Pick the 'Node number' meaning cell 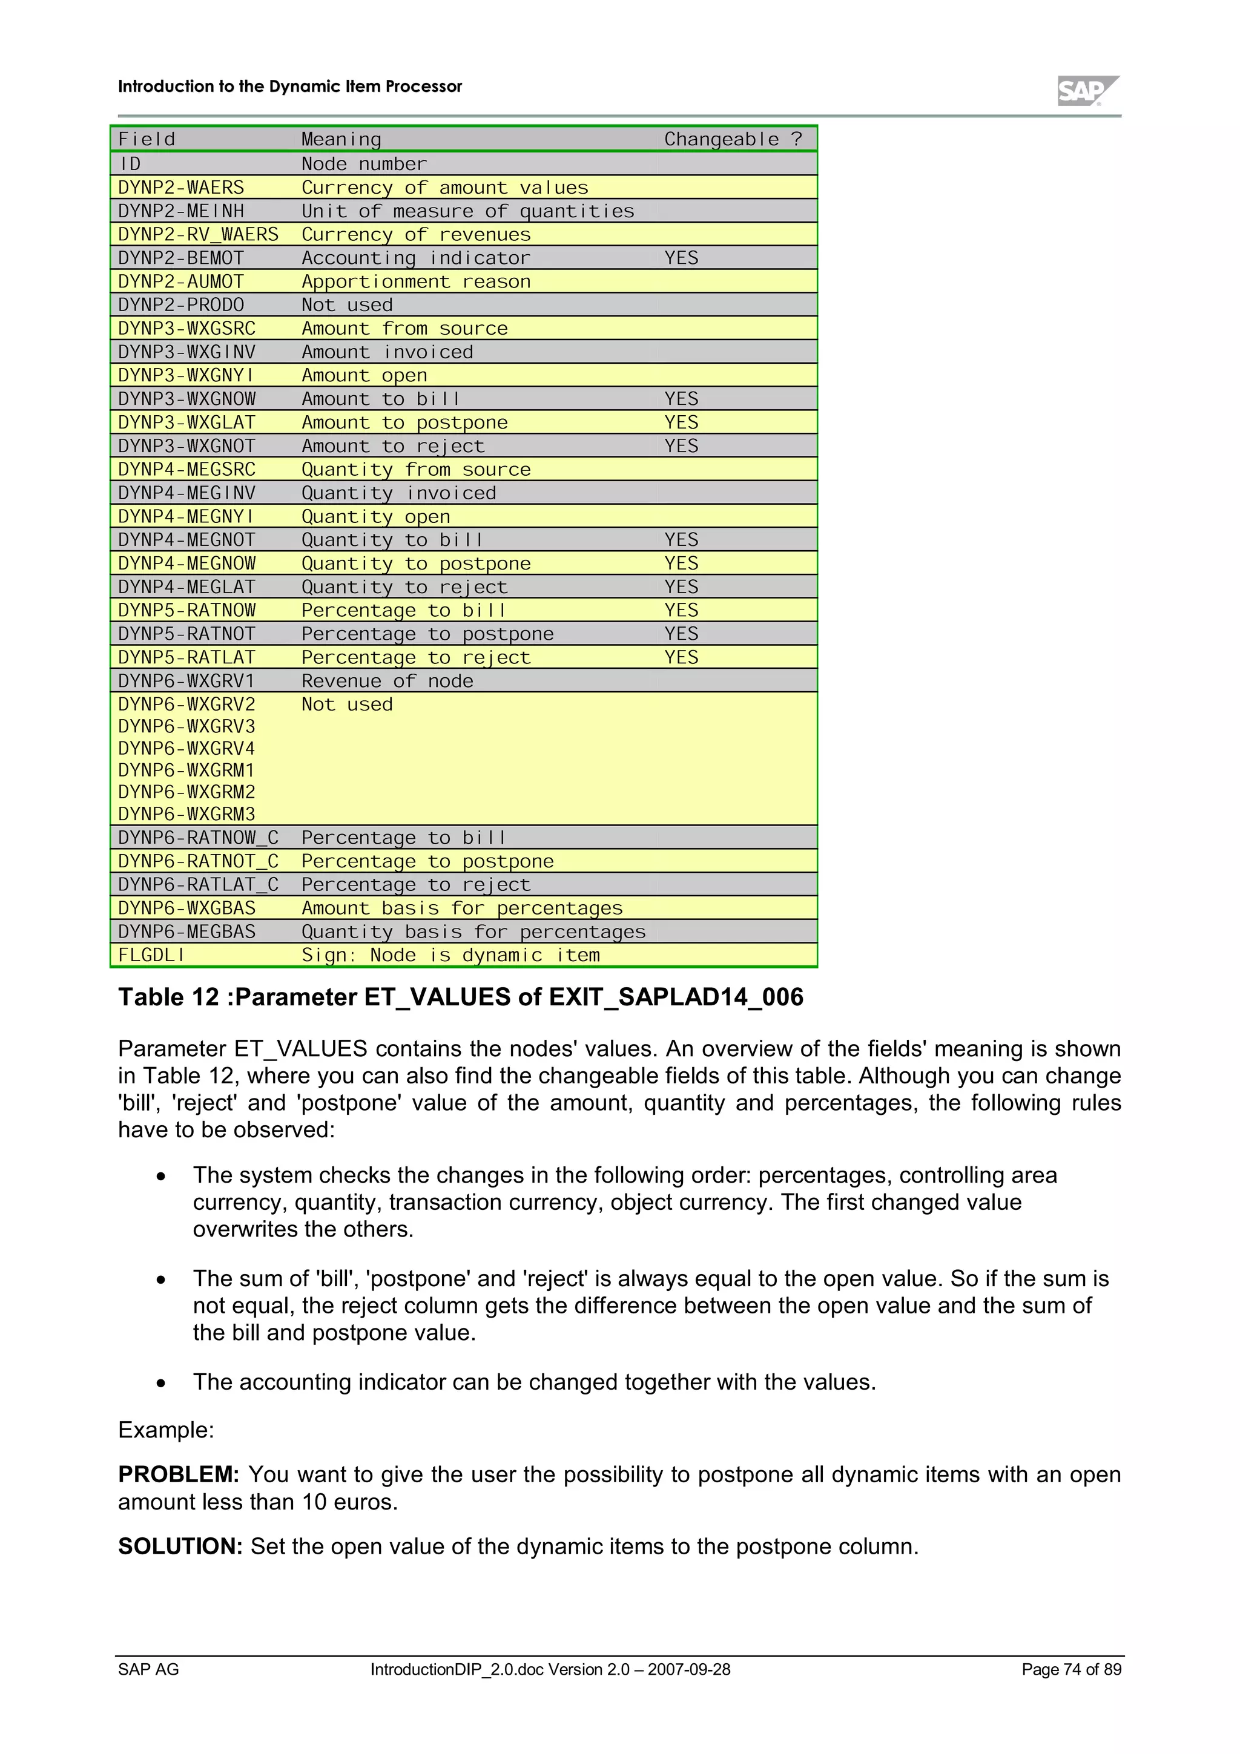point(364,164)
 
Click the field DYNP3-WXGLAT point(186,422)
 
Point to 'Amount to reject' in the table point(393,446)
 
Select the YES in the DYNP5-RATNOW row point(681,610)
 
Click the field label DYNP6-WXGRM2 point(186,792)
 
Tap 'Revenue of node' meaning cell point(387,681)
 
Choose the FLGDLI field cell point(151,955)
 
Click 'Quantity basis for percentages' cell point(473,932)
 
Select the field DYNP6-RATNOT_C point(198,861)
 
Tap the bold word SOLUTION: point(180,1546)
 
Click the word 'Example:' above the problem point(166,1430)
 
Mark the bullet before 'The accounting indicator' point(160,1384)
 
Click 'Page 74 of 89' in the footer point(1070,1669)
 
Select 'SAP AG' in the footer point(148,1669)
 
